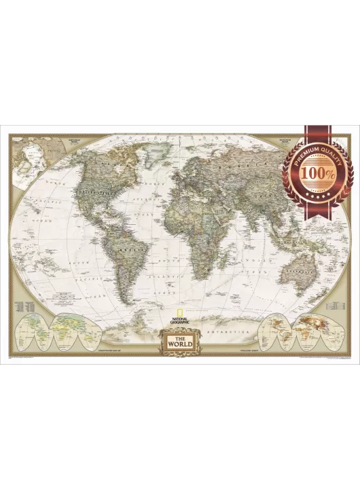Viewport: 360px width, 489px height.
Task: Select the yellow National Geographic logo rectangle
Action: click(180, 310)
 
